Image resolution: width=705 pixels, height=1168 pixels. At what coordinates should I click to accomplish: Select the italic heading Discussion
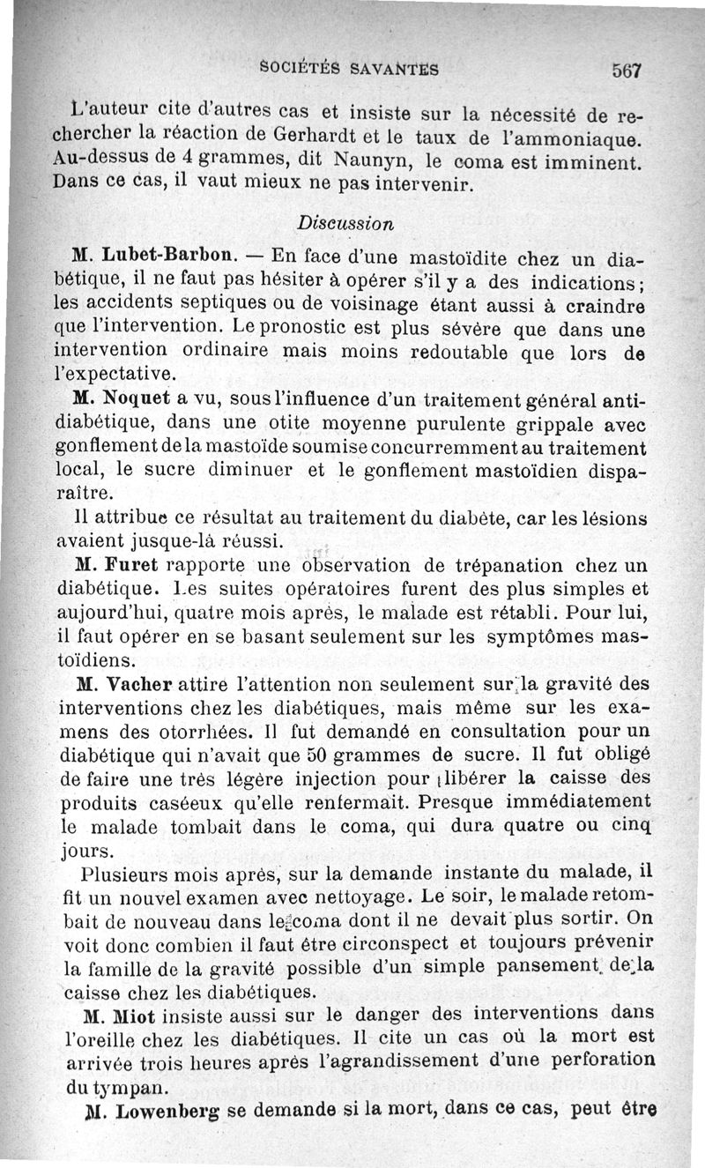345,223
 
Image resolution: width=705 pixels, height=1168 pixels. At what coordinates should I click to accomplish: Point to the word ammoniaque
580,138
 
